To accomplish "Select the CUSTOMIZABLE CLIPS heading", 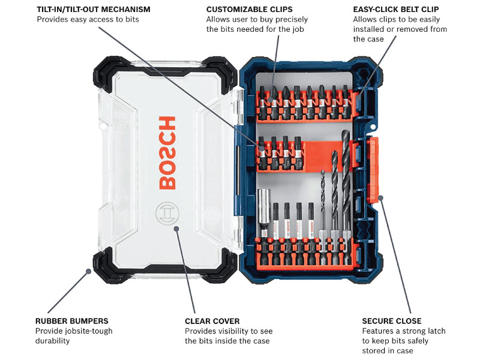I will tap(250, 10).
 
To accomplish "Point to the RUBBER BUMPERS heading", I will tap(72, 321).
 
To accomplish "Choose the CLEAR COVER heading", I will tap(212, 321).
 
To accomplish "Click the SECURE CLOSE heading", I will tap(392, 321).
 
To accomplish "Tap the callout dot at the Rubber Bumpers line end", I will tap(89, 271).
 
